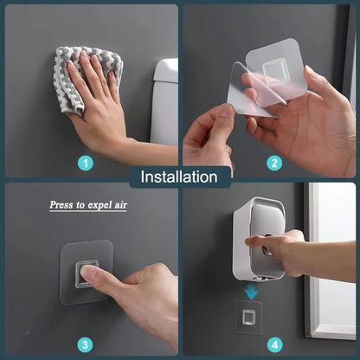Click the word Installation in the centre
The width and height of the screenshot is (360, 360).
[x=179, y=177]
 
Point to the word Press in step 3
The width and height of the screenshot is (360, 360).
[x=61, y=206]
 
